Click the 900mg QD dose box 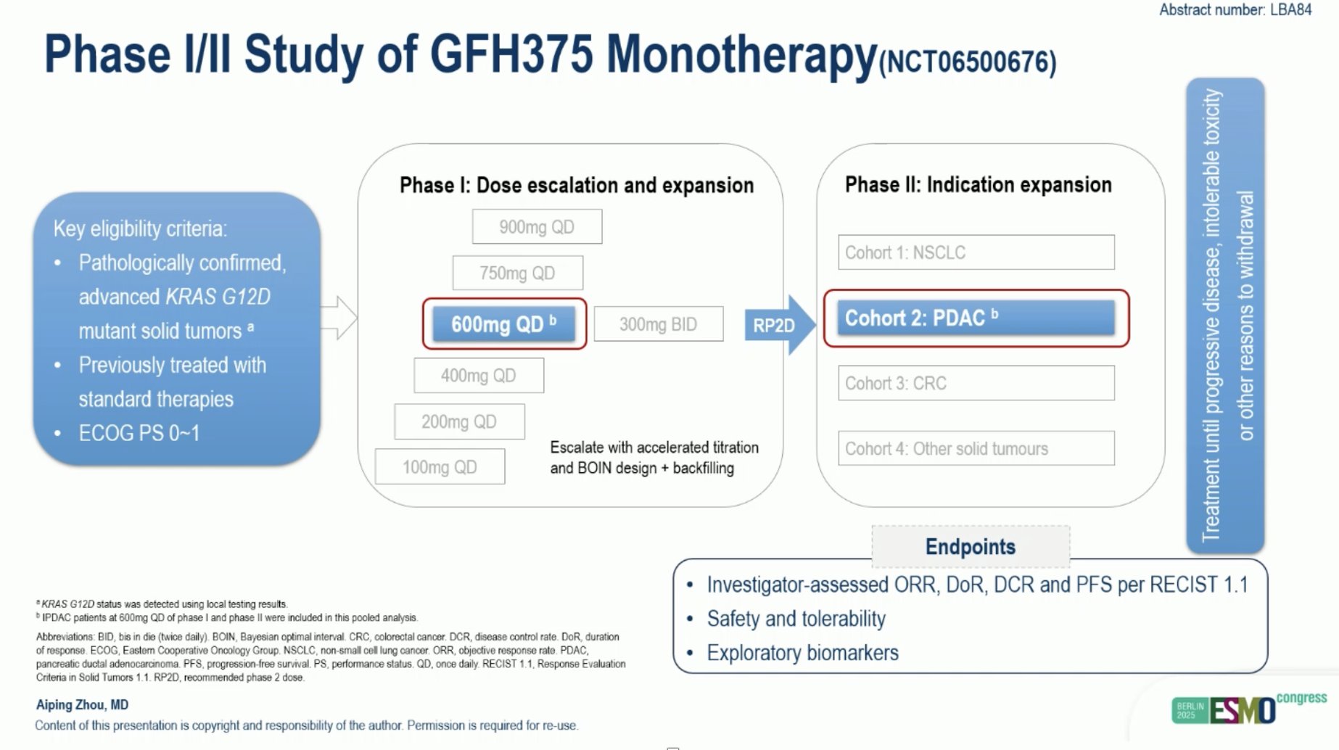pyautogui.click(x=537, y=227)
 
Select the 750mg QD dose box pyautogui.click(x=517, y=273)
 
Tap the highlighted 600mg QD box pyautogui.click(x=504, y=324)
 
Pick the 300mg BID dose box pyautogui.click(x=658, y=324)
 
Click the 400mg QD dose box pyautogui.click(x=479, y=376)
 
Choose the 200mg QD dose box pyautogui.click(x=459, y=421)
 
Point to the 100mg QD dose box pyautogui.click(x=440, y=467)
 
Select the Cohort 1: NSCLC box pyautogui.click(x=976, y=252)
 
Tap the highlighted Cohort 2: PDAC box pyautogui.click(x=976, y=318)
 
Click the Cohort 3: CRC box pyautogui.click(x=976, y=383)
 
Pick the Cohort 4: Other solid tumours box pyautogui.click(x=976, y=448)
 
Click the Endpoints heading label pyautogui.click(x=970, y=547)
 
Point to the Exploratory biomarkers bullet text pyautogui.click(x=802, y=653)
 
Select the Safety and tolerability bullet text pyautogui.click(x=796, y=619)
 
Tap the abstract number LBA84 pyautogui.click(x=1235, y=10)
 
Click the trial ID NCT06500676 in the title pyautogui.click(x=967, y=62)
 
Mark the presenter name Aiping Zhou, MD pyautogui.click(x=82, y=704)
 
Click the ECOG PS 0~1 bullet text pyautogui.click(x=139, y=433)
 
